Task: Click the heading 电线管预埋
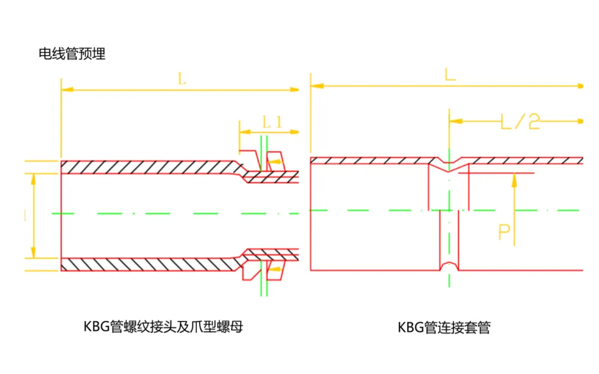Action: [x=72, y=54]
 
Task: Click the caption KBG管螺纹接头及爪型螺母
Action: [x=163, y=326]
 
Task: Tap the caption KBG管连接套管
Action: [x=444, y=327]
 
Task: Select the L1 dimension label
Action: [x=272, y=122]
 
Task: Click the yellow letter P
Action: [x=504, y=232]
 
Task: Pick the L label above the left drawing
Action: [x=182, y=79]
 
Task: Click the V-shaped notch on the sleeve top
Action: [x=449, y=164]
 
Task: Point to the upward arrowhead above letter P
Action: [x=514, y=178]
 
